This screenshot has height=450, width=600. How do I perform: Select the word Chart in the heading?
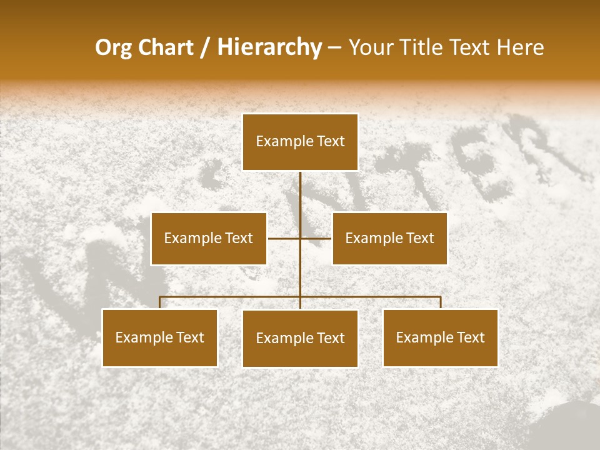[x=167, y=47]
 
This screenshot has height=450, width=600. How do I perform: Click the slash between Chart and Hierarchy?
[x=205, y=48]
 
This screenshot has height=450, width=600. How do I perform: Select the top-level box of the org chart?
[x=300, y=142]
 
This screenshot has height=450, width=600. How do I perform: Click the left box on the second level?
[x=209, y=238]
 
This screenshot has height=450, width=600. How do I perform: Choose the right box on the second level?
[x=389, y=238]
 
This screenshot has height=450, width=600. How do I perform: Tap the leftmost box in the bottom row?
[x=159, y=337]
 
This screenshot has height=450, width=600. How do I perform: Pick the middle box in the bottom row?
[x=300, y=338]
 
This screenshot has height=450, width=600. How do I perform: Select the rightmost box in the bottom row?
[x=440, y=337]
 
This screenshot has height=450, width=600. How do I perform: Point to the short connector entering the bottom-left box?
[x=159, y=302]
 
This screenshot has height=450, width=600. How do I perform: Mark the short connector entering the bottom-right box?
[x=441, y=302]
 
